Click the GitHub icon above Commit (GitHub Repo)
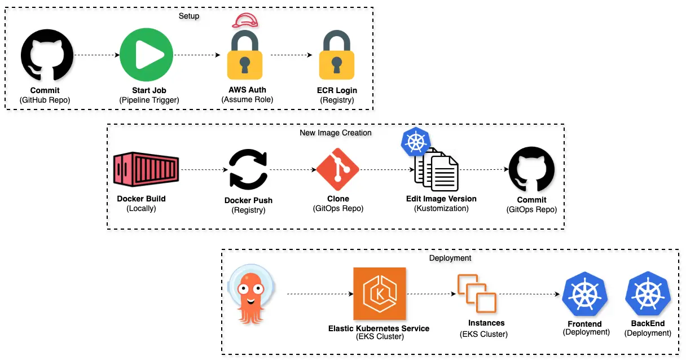tap(47, 55)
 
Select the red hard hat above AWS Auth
tap(247, 20)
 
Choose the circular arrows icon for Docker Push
tap(248, 170)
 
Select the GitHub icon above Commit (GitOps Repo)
tap(531, 169)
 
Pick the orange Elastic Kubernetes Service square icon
tap(379, 293)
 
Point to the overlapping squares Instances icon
tap(477, 293)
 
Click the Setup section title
tap(189, 16)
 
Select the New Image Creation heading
tap(335, 133)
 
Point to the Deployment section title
tap(450, 258)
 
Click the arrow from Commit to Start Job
tap(97, 55)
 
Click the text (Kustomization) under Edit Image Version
tap(441, 208)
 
